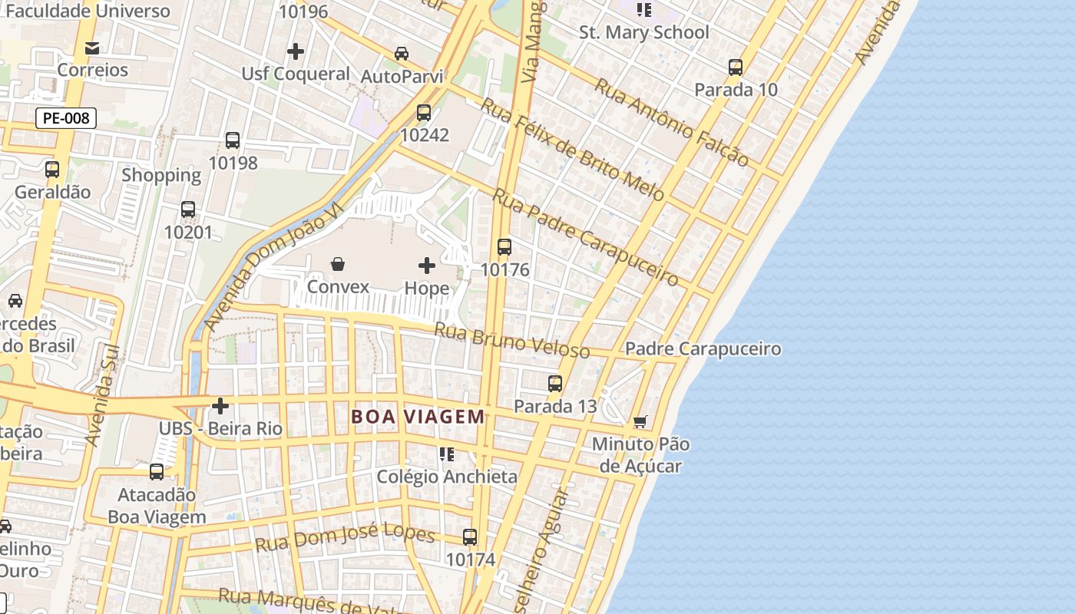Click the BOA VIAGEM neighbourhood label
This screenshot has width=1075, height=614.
418,417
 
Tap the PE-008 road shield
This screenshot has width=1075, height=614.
66,118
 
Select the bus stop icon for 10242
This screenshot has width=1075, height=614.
423,113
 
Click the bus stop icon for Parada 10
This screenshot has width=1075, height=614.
736,68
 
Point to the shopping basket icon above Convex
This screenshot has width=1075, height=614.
338,265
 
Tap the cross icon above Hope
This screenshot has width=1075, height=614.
427,266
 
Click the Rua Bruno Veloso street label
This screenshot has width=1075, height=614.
511,340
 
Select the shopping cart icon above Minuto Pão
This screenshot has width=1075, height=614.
640,421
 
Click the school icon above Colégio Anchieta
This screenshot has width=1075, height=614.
447,454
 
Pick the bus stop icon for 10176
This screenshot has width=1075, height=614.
504,247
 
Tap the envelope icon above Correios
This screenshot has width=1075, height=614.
92,48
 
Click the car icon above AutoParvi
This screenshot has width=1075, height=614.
402,54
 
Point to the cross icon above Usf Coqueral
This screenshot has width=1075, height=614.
296,51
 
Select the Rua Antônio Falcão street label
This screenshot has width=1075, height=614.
671,123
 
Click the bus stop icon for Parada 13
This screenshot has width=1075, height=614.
555,384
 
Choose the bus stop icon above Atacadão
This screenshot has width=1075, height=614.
157,472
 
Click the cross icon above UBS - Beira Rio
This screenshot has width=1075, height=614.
220,405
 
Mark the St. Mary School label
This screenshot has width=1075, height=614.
643,32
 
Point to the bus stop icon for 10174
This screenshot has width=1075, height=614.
470,537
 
